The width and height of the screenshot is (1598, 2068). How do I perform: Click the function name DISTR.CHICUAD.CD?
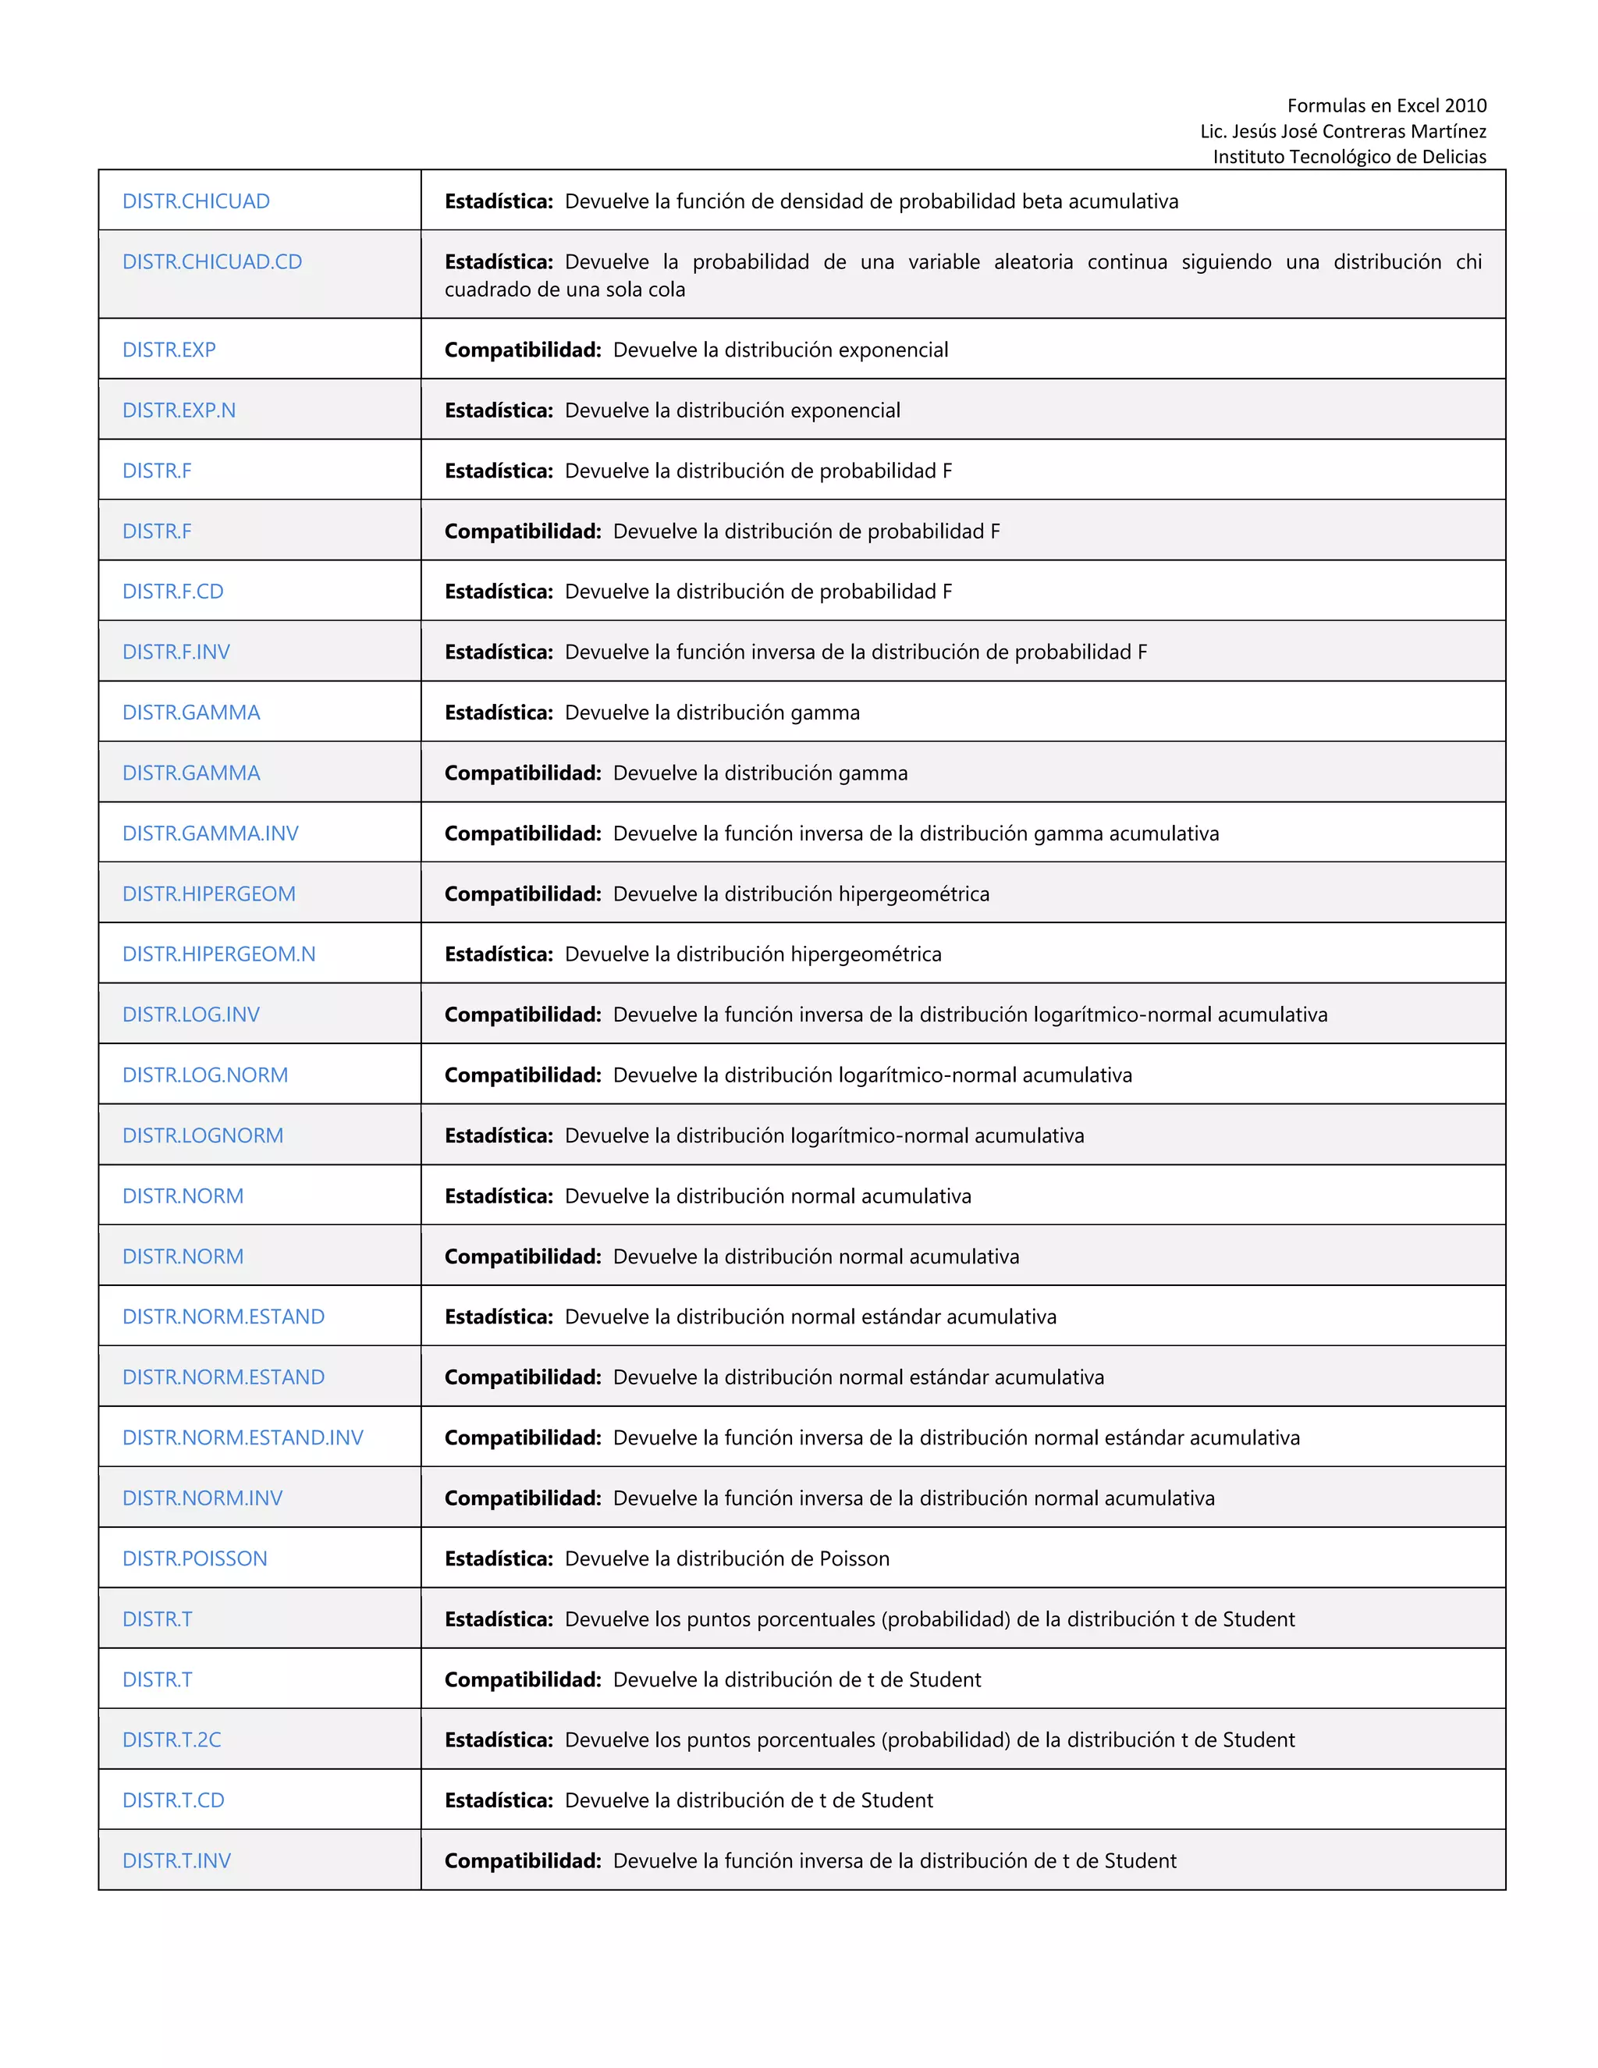coord(212,262)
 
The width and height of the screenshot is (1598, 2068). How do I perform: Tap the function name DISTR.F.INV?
coord(176,652)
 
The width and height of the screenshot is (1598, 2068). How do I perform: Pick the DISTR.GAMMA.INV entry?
coord(210,833)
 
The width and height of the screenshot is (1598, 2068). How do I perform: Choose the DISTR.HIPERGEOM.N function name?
coord(218,954)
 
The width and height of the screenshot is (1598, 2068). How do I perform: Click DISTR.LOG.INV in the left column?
coord(190,1014)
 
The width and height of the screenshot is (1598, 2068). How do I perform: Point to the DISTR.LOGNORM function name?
coord(203,1135)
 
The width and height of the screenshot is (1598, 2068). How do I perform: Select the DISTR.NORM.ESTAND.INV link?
coord(243,1437)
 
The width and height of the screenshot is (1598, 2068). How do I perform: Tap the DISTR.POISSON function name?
coord(194,1558)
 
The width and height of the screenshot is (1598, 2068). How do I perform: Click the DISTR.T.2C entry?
coord(172,1739)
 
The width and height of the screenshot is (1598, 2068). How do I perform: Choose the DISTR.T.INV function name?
coord(176,1860)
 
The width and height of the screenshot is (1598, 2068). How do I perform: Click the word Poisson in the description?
coord(854,1558)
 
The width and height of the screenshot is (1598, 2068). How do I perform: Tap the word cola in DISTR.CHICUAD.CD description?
coord(665,290)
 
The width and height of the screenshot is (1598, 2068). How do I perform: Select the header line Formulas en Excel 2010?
coord(1386,105)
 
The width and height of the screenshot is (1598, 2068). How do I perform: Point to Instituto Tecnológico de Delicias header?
coord(1349,157)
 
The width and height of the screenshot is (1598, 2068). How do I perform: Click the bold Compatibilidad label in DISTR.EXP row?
coord(523,350)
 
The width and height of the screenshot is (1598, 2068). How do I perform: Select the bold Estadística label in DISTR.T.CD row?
coord(498,1800)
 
